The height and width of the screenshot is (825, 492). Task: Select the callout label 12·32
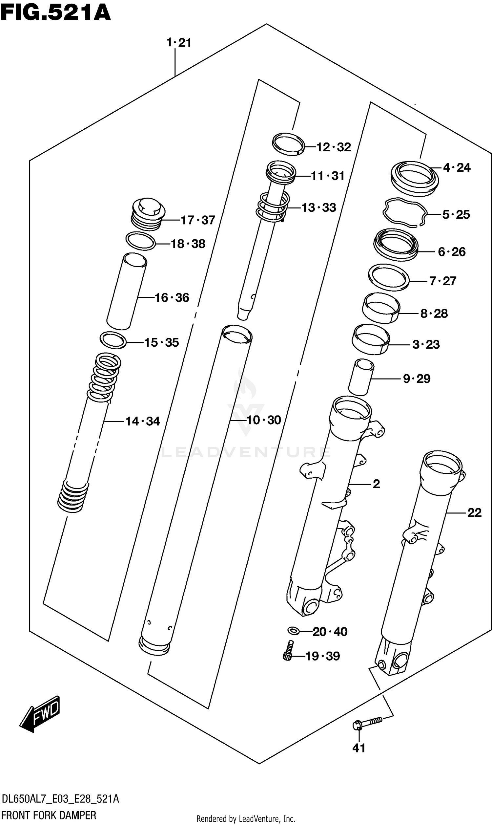334,147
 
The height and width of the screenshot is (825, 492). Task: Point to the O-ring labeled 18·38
141,241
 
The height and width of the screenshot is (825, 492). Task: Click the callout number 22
474,513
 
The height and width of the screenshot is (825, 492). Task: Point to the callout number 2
376,484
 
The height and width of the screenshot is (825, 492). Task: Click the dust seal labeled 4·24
414,178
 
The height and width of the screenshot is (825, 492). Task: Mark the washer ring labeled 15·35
113,340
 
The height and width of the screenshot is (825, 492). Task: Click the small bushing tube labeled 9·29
361,377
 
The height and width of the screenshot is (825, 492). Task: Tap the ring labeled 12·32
288,144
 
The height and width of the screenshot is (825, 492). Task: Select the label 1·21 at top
179,43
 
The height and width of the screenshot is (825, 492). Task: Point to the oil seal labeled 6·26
396,244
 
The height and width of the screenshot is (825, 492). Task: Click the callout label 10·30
264,420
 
